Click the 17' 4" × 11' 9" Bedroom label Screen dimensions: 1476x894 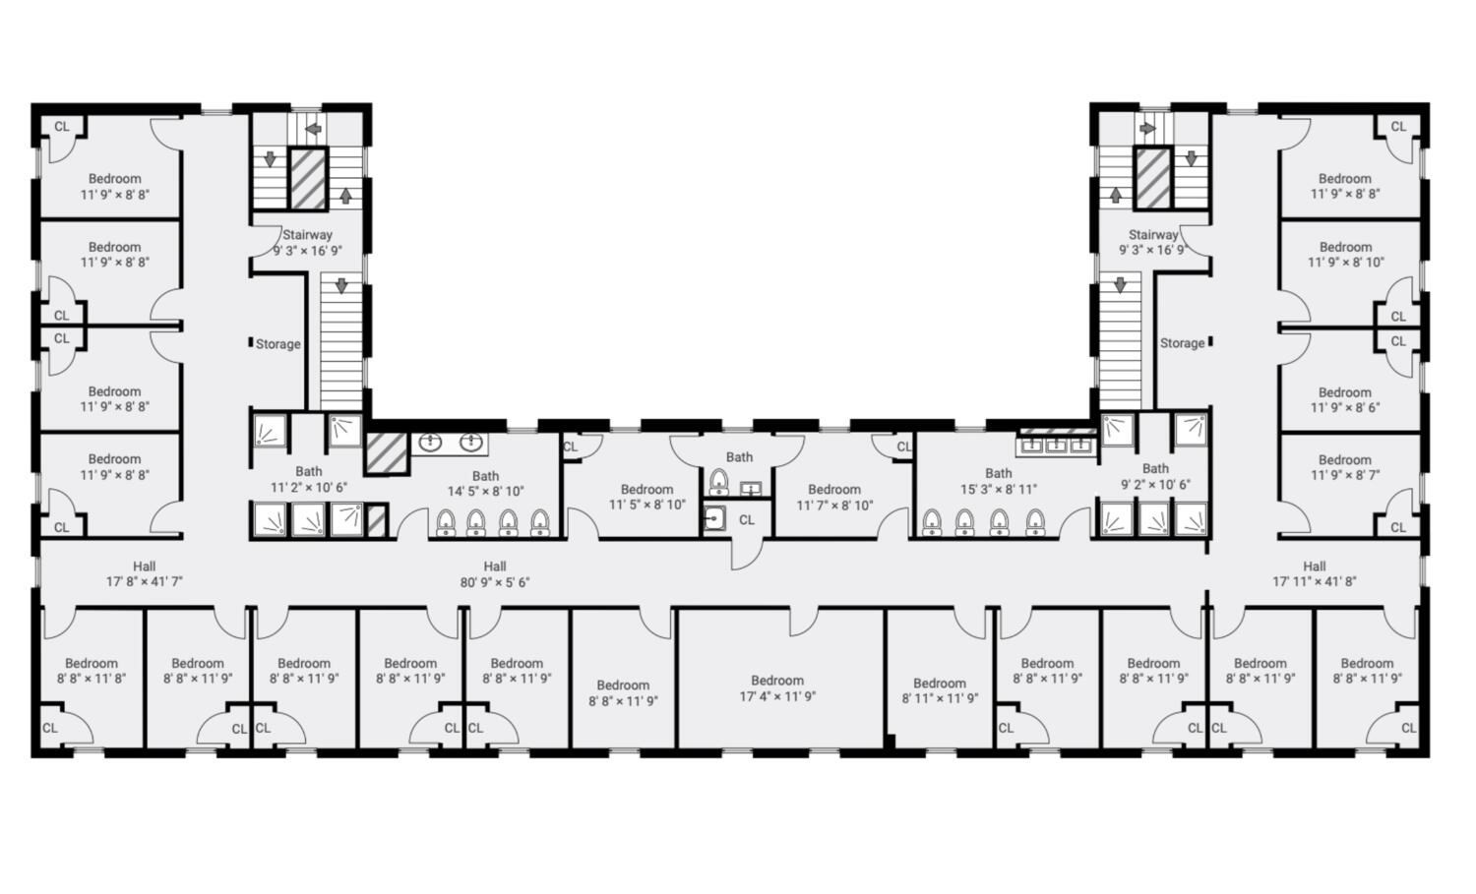pyautogui.click(x=777, y=688)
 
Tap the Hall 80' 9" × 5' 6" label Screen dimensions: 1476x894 pyautogui.click(x=495, y=573)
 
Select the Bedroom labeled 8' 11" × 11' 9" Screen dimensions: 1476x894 pyautogui.click(x=940, y=690)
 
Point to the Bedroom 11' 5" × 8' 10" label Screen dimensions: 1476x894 pyautogui.click(x=647, y=497)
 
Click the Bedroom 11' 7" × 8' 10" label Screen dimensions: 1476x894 pyautogui.click(x=834, y=498)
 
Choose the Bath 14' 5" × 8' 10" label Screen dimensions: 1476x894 pyautogui.click(x=486, y=484)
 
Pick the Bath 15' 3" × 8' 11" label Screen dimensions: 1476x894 pyautogui.click(x=999, y=481)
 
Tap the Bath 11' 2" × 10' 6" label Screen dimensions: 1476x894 pyautogui.click(x=309, y=479)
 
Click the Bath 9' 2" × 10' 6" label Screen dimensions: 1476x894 pyautogui.click(x=1156, y=476)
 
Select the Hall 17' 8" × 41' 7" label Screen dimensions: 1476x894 pyautogui.click(x=145, y=573)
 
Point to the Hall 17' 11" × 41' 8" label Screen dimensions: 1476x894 pyautogui.click(x=1315, y=573)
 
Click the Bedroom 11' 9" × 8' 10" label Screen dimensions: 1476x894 pyautogui.click(x=1345, y=255)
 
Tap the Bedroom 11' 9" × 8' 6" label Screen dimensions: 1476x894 pyautogui.click(x=1345, y=400)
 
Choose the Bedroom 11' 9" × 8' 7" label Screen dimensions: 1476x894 pyautogui.click(x=1345, y=467)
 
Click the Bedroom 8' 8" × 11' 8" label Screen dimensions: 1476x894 pyautogui.click(x=92, y=671)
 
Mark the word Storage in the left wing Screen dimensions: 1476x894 pyautogui.click(x=278, y=344)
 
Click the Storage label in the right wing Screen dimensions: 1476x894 pyautogui.click(x=1182, y=343)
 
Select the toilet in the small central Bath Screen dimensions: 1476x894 pyautogui.click(x=719, y=482)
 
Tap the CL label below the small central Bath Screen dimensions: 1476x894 pyautogui.click(x=747, y=520)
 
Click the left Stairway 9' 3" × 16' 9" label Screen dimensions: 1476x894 pyautogui.click(x=308, y=243)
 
